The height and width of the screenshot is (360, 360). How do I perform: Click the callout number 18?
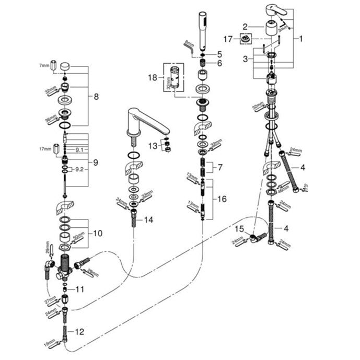[153, 77]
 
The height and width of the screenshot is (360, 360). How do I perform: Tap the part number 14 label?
[149, 220]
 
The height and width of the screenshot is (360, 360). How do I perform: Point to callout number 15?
[239, 228]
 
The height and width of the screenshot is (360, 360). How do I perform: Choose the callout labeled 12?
[79, 331]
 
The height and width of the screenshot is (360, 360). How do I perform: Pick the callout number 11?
[79, 288]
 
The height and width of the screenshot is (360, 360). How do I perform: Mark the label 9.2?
[79, 170]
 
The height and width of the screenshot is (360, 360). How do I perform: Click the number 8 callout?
[96, 96]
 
